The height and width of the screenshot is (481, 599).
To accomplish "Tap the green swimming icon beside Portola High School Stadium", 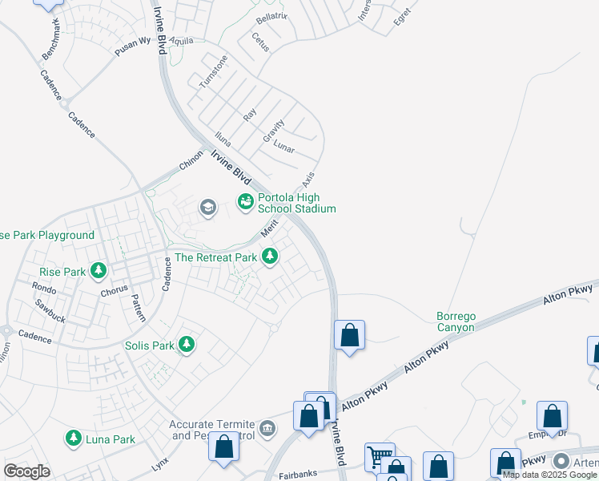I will pos(246,200).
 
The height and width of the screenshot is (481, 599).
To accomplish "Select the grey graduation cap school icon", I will pos(208,208).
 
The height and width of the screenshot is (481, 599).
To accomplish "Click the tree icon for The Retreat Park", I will pos(271,257).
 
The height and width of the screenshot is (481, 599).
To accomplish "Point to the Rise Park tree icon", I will pos(99,271).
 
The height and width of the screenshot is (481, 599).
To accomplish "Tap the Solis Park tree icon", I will pos(187,345).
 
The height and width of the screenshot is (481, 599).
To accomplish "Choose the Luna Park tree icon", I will pos(74,439).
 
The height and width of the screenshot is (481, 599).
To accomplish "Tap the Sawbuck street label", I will pos(50,305).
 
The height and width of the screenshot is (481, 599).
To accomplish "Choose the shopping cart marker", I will pos(380,457).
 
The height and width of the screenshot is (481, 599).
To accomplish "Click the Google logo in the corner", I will pos(26,471).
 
